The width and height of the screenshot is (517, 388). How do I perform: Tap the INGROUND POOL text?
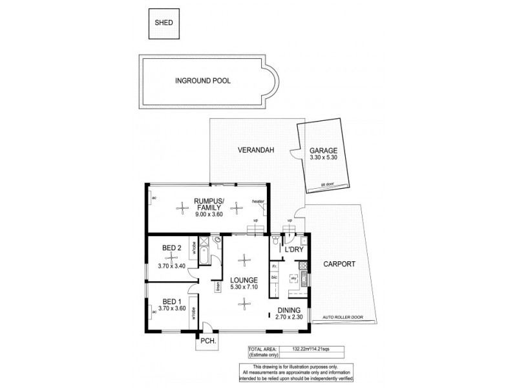(203, 81)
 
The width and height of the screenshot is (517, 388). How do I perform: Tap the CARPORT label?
(337, 264)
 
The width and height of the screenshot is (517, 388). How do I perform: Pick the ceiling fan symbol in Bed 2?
(172, 257)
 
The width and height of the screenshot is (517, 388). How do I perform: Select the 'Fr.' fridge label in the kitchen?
(274, 265)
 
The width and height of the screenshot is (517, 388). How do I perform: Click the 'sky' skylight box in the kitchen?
(293, 279)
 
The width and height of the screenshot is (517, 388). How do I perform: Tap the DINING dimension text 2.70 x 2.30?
(290, 319)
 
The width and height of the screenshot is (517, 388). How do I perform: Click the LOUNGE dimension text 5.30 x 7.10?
(243, 288)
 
